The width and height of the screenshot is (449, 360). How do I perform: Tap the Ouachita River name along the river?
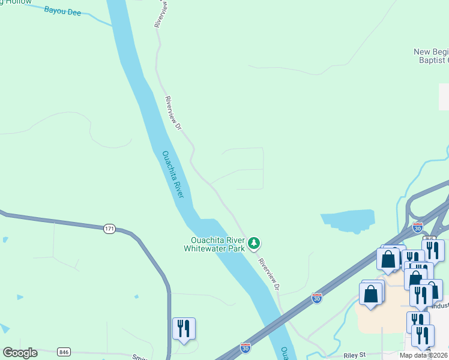tap(173, 175)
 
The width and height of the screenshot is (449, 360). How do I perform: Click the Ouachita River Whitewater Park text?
tap(214, 245)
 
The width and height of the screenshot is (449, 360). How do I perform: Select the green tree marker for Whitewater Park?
tap(255, 243)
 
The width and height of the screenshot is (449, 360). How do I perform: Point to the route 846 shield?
tap(64, 351)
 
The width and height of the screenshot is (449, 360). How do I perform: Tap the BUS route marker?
tap(429, 238)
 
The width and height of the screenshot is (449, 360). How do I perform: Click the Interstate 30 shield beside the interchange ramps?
tap(418, 227)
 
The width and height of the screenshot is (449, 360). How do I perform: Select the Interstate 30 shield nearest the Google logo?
tap(245, 347)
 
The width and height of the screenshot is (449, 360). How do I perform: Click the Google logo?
tap(20, 353)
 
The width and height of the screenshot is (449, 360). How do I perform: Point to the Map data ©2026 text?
tap(424, 355)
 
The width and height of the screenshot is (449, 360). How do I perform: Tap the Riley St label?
tap(354, 355)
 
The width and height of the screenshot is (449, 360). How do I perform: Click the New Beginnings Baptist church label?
tap(431, 56)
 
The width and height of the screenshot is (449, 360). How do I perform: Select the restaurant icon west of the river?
tap(184, 328)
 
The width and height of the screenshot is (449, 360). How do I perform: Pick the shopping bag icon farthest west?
tap(370, 294)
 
